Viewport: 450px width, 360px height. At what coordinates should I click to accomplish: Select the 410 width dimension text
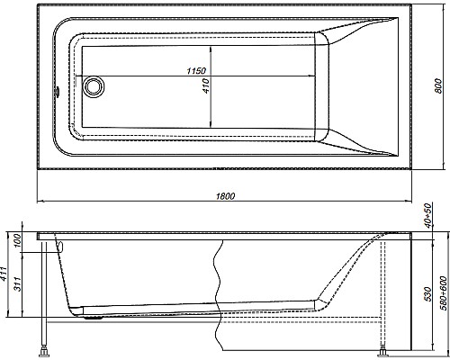coord(206,86)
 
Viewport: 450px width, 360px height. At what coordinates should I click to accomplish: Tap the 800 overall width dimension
coord(437,85)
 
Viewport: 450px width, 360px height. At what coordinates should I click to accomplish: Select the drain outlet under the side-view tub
coord(93,314)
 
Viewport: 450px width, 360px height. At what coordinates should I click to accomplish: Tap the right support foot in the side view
coord(385,349)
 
